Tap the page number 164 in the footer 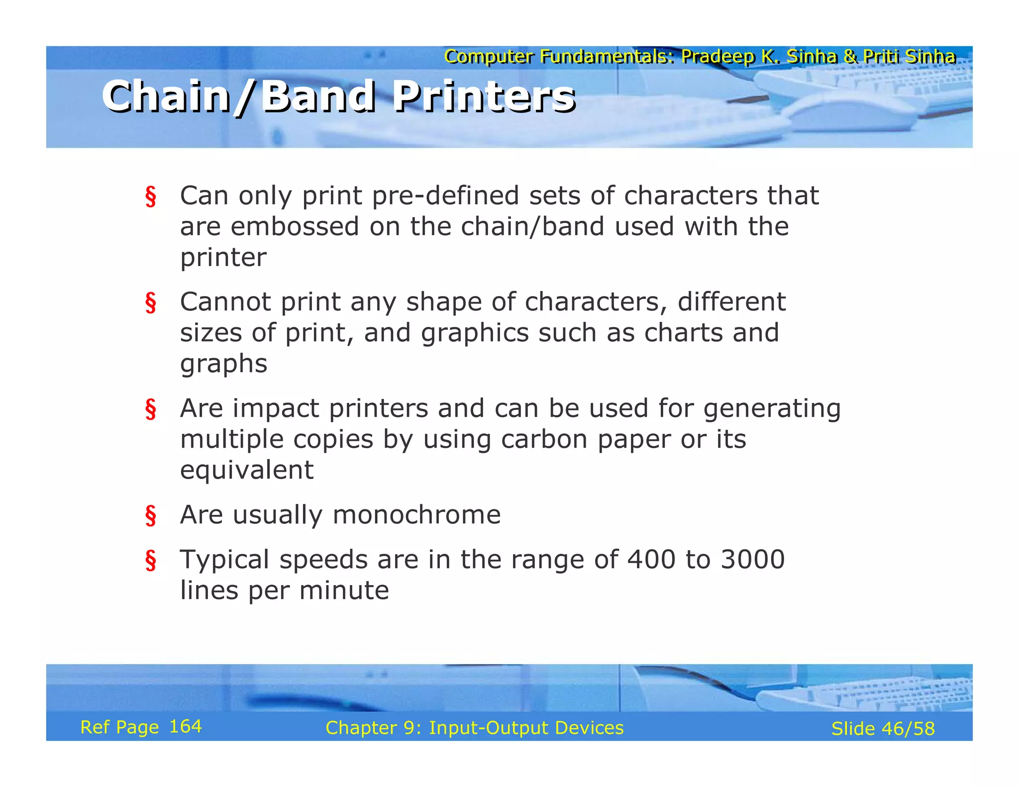tap(185, 726)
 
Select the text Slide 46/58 tap(883, 728)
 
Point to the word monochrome tap(416, 514)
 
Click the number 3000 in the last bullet tap(752, 559)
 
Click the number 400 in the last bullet tap(651, 559)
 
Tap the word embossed tap(295, 226)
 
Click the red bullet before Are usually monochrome tap(151, 515)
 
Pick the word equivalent tap(247, 470)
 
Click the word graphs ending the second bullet tap(223, 364)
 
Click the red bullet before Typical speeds tap(151, 560)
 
